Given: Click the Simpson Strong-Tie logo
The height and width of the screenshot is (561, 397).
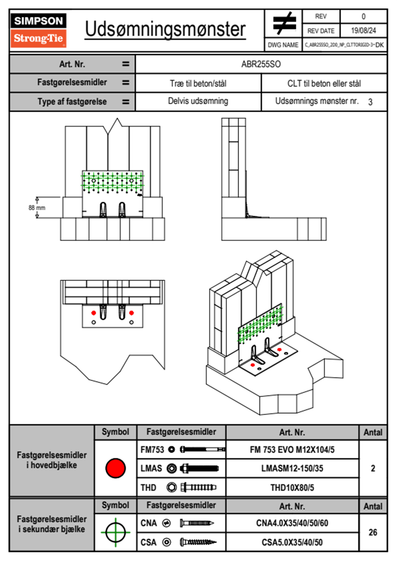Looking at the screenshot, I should pos(38,30).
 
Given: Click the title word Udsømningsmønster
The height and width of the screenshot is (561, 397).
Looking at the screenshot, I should pos(165,29).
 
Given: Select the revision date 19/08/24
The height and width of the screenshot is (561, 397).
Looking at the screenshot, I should pos(363,31).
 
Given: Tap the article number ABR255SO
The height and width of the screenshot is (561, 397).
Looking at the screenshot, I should pos(261,64).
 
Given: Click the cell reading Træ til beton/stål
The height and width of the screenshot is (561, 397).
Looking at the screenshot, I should pos(198,83).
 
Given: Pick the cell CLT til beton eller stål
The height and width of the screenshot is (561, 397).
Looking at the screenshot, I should pos(324,83).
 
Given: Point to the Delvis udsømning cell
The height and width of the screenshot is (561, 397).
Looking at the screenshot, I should pos(198,101).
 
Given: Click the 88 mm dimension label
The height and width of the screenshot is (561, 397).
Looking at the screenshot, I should pos(37,208).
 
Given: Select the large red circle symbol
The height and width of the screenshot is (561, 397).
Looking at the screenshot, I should pos(115,468).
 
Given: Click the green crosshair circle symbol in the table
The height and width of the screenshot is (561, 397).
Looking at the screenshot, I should pos(115,532).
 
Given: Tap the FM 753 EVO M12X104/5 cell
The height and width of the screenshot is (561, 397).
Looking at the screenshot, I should pos(292,450).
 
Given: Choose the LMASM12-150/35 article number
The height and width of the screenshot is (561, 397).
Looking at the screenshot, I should pos(292,469).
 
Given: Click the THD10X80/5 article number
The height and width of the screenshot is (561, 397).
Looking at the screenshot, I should pos(292,488).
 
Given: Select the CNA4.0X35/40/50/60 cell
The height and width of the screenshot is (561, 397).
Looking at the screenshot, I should pos(292,523).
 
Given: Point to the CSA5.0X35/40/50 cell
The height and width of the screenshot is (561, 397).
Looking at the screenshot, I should pos(292,542).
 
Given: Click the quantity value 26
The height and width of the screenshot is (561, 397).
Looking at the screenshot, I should pos(373,532).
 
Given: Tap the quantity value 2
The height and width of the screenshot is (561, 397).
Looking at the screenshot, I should pos(373,468).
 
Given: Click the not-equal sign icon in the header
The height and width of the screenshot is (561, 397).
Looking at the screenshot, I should pos(284,23).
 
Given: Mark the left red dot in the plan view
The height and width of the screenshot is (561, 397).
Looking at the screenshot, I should pos(94,313).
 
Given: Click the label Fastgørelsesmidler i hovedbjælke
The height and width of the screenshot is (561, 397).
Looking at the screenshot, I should pos(52,460).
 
